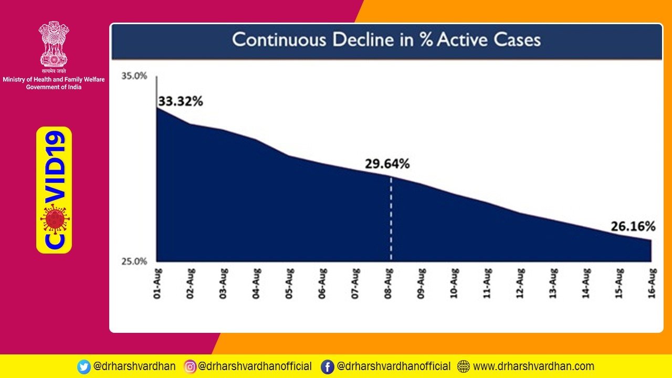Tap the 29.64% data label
coord(387,164)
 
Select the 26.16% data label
coord(633,227)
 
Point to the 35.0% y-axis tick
coord(134,76)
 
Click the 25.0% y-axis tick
coord(134,261)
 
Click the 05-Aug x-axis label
coord(289,283)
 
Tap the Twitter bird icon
coord(83,366)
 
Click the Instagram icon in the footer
coord(190,366)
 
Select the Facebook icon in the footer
coord(328,366)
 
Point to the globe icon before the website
coord(464,366)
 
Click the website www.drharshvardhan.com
coord(533,366)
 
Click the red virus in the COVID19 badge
coord(54,219)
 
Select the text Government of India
coord(54,87)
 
